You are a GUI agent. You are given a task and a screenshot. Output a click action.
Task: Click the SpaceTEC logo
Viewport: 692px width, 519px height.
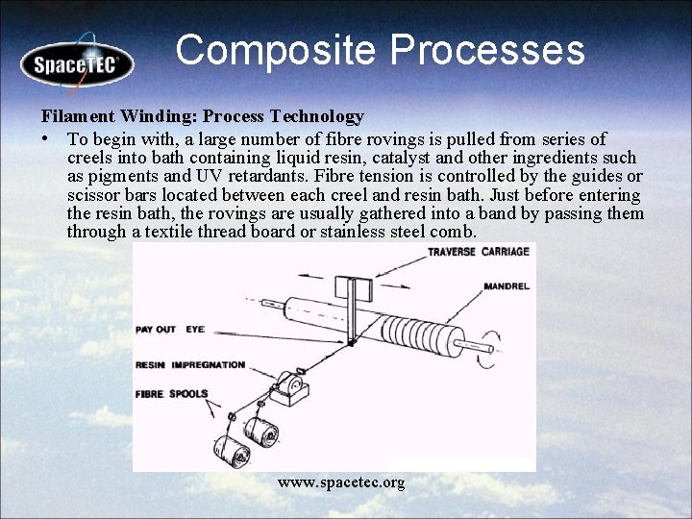77,64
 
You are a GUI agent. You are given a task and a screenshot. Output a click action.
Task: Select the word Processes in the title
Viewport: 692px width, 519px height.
493,50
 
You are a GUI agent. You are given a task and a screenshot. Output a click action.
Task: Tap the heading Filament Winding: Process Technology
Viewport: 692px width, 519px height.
202,116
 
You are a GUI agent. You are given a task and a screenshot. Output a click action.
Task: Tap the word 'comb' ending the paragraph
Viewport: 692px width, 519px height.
455,232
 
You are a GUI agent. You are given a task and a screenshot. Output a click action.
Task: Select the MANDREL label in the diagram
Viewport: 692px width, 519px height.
507,285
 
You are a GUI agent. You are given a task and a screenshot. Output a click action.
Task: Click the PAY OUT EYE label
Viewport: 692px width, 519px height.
169,329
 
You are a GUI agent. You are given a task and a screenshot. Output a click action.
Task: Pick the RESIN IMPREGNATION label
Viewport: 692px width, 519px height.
190,365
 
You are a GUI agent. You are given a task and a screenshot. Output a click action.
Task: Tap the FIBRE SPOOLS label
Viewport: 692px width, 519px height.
171,393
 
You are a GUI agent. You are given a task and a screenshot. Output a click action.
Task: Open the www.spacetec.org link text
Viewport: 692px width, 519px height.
341,482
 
